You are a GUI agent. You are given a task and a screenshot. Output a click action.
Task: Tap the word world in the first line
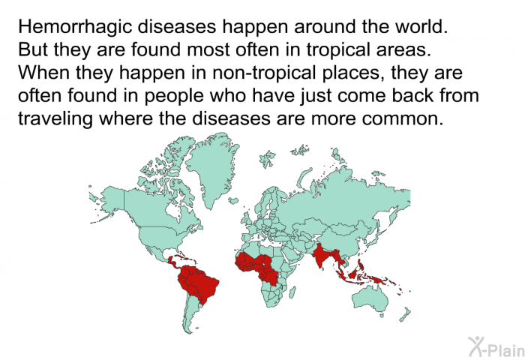416,28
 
